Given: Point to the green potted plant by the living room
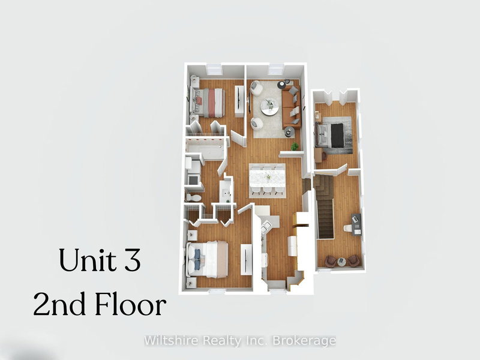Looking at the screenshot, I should (x=294, y=146).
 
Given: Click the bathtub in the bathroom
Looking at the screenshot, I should (x=205, y=148).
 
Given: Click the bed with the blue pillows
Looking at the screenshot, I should (x=207, y=258).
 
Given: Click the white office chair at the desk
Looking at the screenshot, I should (x=347, y=229).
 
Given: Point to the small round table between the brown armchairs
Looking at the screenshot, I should (x=342, y=261).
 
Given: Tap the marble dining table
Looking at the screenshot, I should (x=267, y=176).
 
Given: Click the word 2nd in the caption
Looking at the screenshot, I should (x=59, y=305).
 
